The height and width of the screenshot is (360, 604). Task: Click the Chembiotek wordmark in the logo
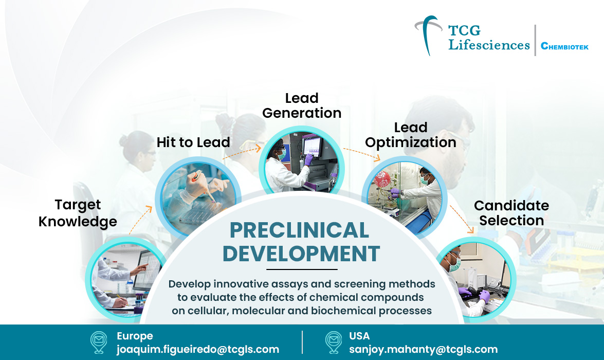[564, 46]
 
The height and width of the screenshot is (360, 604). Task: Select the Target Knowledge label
[78, 213]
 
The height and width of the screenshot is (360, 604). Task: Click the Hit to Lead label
[193, 142]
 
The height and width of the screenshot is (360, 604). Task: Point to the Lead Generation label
[302, 105]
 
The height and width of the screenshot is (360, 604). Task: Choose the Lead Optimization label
[411, 135]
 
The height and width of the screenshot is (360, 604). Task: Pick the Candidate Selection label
[511, 213]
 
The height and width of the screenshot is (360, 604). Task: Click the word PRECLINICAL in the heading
[299, 230]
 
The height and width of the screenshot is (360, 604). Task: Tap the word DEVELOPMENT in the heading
[302, 254]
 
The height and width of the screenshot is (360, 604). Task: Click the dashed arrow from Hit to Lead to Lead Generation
[242, 151]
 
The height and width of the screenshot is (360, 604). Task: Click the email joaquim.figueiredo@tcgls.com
[198, 349]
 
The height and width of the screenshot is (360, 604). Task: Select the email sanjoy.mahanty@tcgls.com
[423, 349]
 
